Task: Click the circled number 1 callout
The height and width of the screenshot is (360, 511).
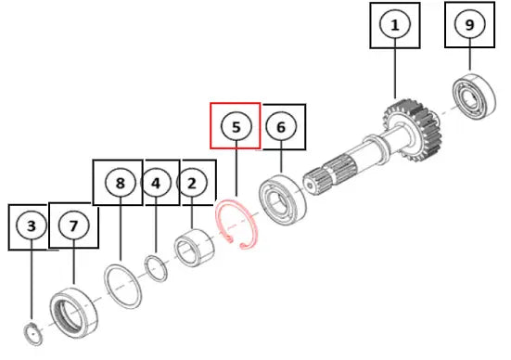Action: tap(395, 25)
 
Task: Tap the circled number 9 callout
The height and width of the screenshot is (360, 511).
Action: tap(469, 24)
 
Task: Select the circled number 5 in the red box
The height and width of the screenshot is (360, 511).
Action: tap(236, 126)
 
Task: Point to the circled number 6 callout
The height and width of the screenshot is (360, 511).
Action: tap(281, 127)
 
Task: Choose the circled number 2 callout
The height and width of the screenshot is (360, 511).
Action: tap(192, 184)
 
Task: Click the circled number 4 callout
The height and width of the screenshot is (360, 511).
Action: tap(156, 184)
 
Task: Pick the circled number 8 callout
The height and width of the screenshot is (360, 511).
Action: tap(121, 183)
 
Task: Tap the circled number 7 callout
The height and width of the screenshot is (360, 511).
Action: tap(73, 225)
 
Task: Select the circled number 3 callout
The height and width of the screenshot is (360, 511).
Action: tap(32, 225)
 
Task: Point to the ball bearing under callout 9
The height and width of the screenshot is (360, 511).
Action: tap(475, 96)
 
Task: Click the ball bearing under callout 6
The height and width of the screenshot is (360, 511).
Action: tap(283, 199)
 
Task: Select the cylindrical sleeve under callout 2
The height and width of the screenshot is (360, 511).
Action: tap(194, 247)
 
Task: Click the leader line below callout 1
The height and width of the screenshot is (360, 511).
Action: tap(395, 69)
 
